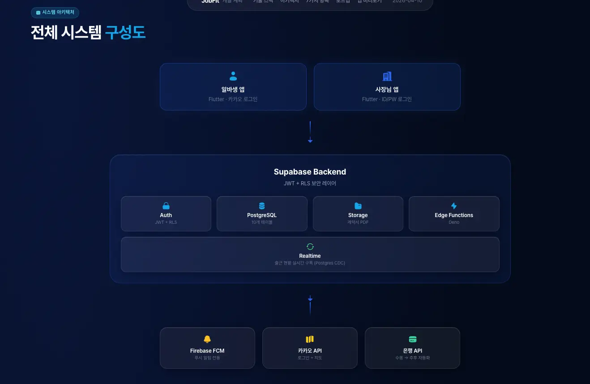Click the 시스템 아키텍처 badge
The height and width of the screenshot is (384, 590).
[55, 13]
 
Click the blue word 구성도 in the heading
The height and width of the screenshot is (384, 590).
[125, 33]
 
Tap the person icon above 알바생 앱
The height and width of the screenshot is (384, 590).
[233, 76]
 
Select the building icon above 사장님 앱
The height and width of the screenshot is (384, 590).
[387, 76]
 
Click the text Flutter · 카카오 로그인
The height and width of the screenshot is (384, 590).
[233, 99]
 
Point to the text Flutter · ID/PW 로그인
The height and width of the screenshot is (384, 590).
[387, 99]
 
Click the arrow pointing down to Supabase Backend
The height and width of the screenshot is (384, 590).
[310, 132]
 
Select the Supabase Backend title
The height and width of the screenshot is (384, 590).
[310, 172]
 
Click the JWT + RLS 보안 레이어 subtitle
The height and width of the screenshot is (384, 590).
[310, 183]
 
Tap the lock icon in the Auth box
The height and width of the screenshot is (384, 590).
[166, 206]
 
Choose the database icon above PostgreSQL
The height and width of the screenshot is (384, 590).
[262, 206]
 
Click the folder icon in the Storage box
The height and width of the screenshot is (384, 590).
[358, 206]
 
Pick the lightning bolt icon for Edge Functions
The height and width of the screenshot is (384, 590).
[454, 206]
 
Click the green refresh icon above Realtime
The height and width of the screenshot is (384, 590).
[310, 247]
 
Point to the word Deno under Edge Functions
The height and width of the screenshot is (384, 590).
[454, 222]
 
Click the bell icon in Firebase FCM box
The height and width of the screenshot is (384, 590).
[207, 339]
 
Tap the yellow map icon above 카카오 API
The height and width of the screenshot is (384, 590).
[310, 339]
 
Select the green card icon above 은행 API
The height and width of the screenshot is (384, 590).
[412, 339]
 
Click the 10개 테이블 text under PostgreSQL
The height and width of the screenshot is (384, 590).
[262, 222]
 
